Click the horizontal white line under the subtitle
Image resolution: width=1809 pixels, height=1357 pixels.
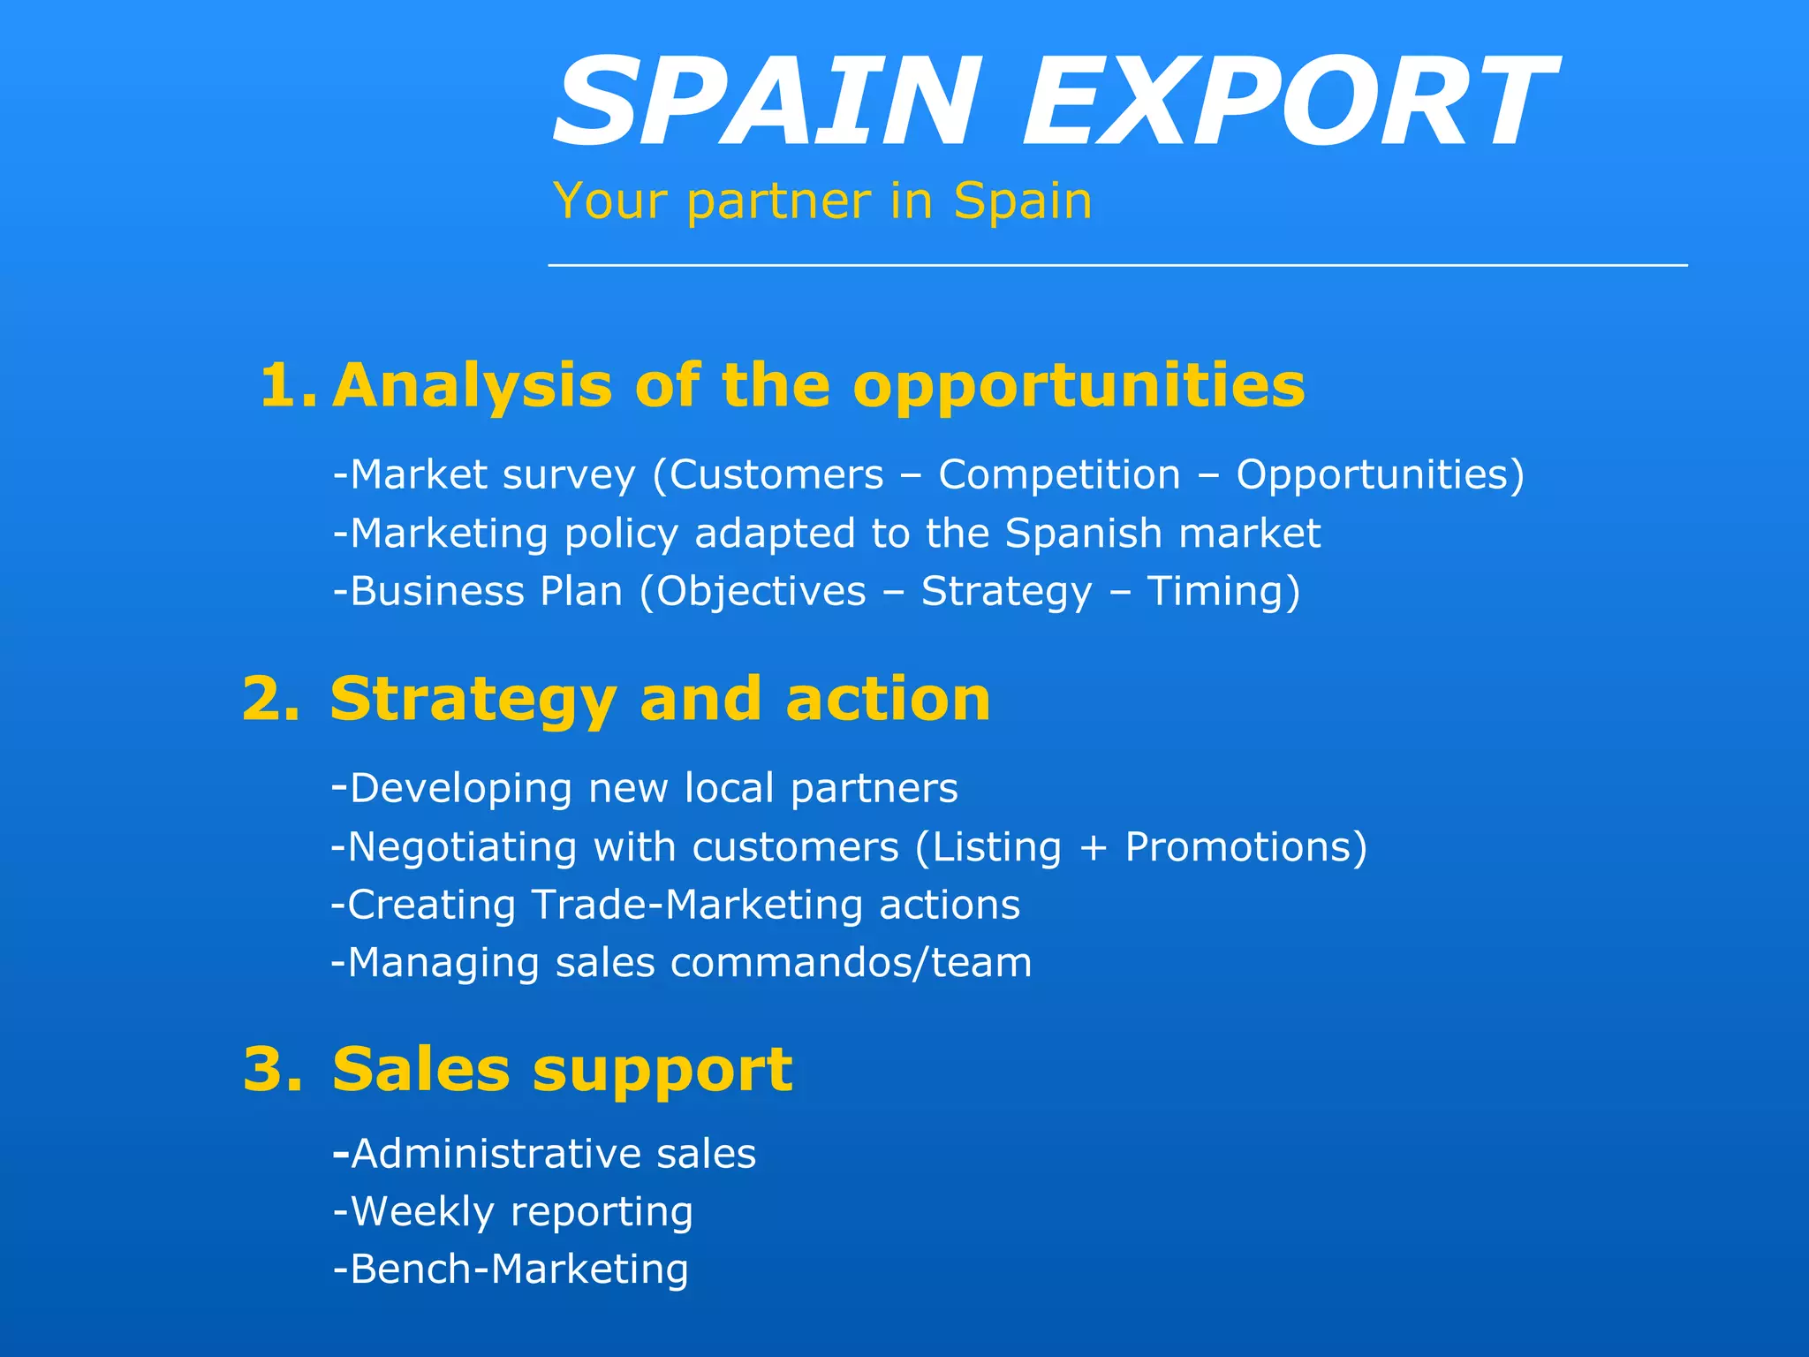tap(1117, 265)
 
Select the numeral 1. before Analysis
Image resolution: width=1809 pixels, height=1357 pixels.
tap(287, 386)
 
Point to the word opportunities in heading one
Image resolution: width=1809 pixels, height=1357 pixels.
tap(1079, 386)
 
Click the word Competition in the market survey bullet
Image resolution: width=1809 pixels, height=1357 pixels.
tap(1059, 475)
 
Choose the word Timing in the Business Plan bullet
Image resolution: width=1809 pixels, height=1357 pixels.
tap(1215, 591)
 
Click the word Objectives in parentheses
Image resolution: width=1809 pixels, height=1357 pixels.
tap(761, 591)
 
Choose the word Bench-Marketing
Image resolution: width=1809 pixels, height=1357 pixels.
tap(519, 1270)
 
